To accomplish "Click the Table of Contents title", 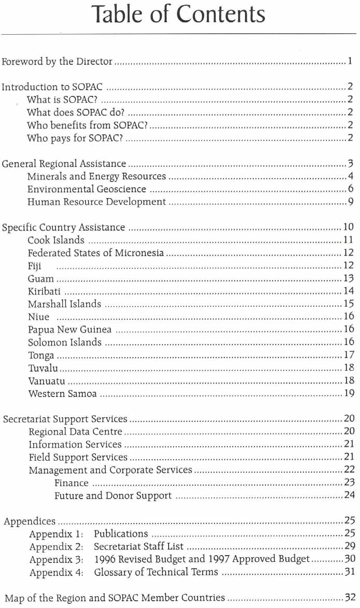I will pyautogui.click(x=178, y=14).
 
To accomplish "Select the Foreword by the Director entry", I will pyautogui.click(x=57, y=62).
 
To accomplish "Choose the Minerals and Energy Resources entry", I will pyautogui.click(x=96, y=177).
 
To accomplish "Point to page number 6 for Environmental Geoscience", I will pyautogui.click(x=351, y=189).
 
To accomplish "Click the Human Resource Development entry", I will pyautogui.click(x=96, y=202).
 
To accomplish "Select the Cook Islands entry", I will pyautogui.click(x=56, y=241).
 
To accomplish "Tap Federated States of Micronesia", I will pyautogui.click(x=96, y=253).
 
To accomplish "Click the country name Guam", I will pyautogui.click(x=41, y=278).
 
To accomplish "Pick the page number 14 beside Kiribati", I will pyautogui.click(x=349, y=291).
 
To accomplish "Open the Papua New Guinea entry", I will pyautogui.click(x=70, y=330).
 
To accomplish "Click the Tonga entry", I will pyautogui.click(x=41, y=355).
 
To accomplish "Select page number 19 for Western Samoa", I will pyautogui.click(x=349, y=393).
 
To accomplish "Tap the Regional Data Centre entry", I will pyautogui.click(x=75, y=431).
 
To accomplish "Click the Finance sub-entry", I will pyautogui.click(x=72, y=483).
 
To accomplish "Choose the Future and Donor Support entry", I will pyautogui.click(x=113, y=496).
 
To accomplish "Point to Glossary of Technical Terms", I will pyautogui.click(x=156, y=572).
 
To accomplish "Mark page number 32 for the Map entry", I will pyautogui.click(x=349, y=598).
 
